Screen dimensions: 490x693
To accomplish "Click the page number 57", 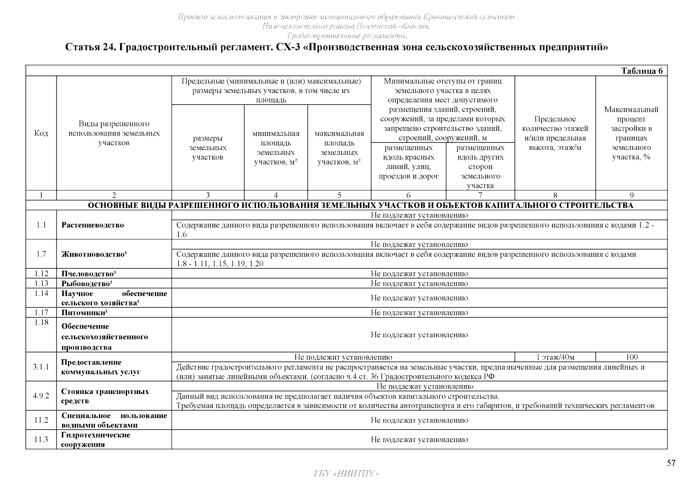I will tap(671, 463).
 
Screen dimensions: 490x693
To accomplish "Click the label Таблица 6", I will tap(642, 71).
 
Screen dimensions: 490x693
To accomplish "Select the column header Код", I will tap(41, 134).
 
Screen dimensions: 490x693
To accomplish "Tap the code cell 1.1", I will tap(41, 225).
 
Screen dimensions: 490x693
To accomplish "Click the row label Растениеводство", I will tap(93, 225).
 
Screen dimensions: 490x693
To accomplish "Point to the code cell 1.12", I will tap(41, 274).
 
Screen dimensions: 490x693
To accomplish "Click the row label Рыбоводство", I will tap(87, 283).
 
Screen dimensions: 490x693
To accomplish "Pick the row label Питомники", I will tap(85, 313).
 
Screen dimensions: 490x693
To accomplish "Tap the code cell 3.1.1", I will tap(41, 367).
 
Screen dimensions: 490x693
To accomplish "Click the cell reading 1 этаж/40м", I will tap(555, 357).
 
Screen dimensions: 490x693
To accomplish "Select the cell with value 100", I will tap(631, 357).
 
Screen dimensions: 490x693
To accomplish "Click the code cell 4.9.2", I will tap(41, 396).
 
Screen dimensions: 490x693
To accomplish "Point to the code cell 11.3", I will tap(41, 439).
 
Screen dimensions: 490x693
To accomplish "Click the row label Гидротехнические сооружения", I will tap(96, 440).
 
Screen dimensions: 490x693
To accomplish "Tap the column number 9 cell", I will tap(631, 196).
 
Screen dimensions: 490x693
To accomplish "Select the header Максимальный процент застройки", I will tap(631, 133).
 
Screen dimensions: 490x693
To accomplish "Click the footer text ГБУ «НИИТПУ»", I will tap(346, 474).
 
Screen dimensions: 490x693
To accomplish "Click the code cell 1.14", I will tap(41, 293).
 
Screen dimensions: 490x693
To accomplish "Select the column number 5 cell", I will tap(339, 196).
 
